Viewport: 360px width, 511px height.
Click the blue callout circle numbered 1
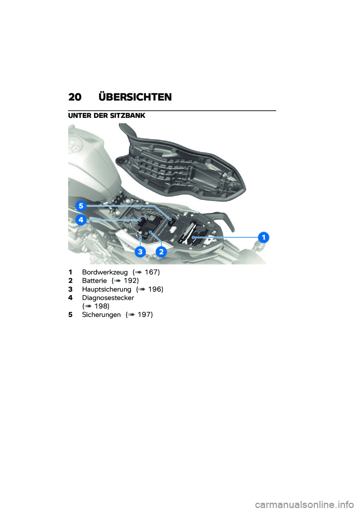coord(264,237)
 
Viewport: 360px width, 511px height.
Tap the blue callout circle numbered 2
coord(161,251)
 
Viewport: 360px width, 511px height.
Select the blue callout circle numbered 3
coord(140,251)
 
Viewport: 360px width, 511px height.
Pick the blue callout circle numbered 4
coord(81,220)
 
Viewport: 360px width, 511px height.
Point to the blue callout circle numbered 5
coord(81,206)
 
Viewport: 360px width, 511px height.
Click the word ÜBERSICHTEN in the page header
coord(135,97)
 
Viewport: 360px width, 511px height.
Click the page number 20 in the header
coord(75,97)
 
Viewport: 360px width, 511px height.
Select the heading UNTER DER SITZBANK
coord(106,116)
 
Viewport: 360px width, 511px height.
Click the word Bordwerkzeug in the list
coord(105,272)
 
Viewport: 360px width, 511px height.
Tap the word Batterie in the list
coord(94,281)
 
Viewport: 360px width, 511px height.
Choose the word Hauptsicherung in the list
coord(106,290)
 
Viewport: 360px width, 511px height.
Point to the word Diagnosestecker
coord(108,298)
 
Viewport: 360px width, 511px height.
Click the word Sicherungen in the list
coord(101,315)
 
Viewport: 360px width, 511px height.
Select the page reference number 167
coord(151,272)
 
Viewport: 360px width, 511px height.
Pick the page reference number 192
coord(130,281)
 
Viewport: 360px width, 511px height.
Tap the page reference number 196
coord(155,290)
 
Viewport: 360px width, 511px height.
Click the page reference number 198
coord(101,307)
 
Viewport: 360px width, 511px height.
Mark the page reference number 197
coord(144,315)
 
